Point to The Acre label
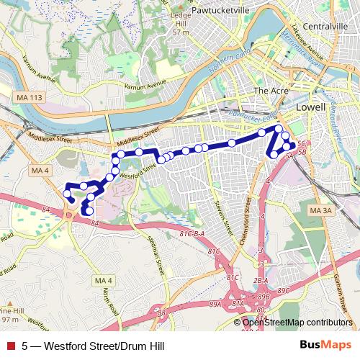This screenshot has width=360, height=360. click(270, 91)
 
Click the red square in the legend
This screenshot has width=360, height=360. click(10, 346)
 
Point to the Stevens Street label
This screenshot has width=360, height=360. click(223, 206)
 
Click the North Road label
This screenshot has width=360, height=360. click(109, 303)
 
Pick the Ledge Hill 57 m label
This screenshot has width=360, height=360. click(181, 23)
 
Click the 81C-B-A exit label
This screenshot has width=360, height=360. click(192, 234)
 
